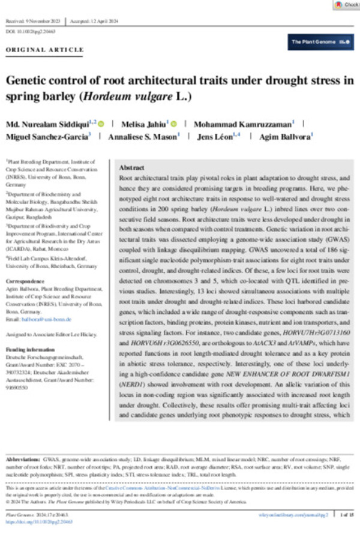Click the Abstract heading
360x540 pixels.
click(131, 168)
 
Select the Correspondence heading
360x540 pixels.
click(25, 280)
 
